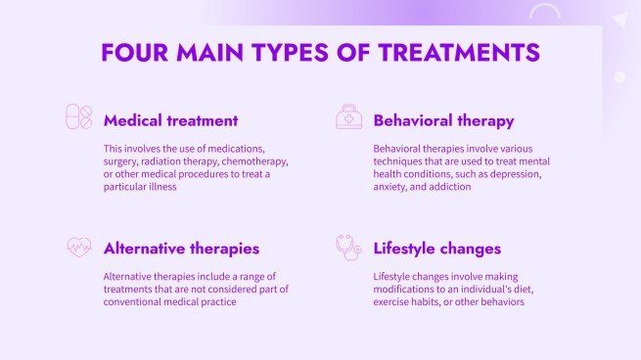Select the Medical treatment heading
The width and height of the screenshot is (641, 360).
pos(170,121)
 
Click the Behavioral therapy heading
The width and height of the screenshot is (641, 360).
pos(443,121)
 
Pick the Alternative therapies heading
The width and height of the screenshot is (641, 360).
pos(181,248)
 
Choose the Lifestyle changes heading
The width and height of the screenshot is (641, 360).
pos(436,248)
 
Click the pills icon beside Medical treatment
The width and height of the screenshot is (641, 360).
pos(78,117)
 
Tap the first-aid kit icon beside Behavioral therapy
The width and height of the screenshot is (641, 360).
pos(348,117)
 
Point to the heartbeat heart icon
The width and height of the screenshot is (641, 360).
pos(78,247)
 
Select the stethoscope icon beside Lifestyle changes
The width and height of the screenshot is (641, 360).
pos(348,247)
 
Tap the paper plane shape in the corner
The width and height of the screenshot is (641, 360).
pos(619,19)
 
